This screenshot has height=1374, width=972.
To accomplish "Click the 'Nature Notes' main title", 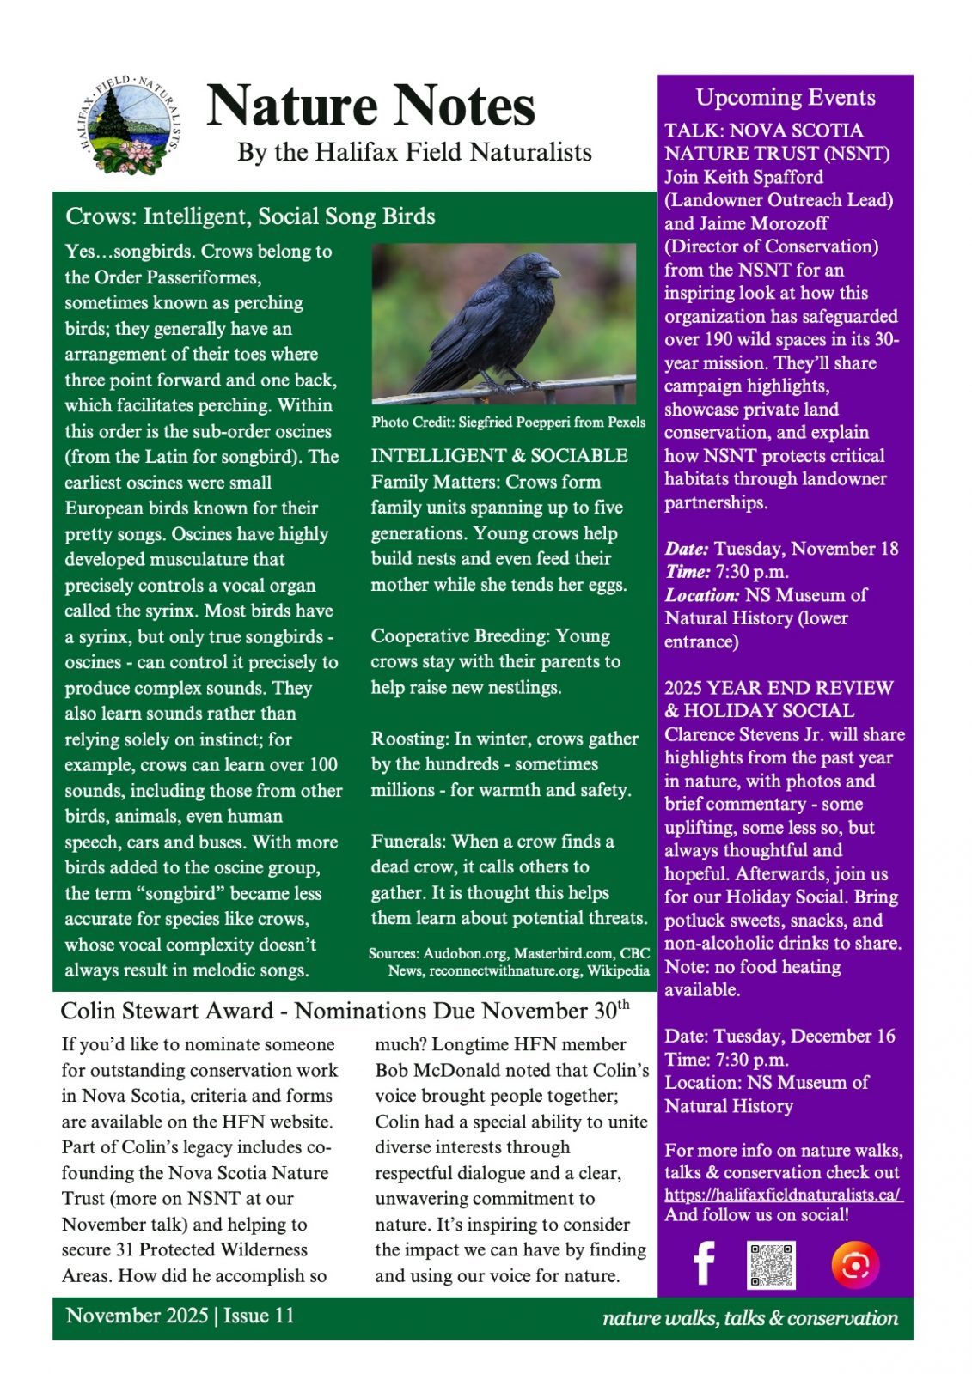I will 370,106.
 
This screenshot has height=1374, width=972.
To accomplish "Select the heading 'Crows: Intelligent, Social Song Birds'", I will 250,216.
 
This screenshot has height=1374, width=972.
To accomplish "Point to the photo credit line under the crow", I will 508,422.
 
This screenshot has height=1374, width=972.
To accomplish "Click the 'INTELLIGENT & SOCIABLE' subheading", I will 499,456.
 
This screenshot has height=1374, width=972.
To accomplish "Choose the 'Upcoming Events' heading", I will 785,98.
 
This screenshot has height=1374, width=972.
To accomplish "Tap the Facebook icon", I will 704,1264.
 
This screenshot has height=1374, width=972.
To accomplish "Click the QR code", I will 771,1264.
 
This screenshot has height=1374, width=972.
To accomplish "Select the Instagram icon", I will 855,1264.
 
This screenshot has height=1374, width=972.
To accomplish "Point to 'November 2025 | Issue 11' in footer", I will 180,1316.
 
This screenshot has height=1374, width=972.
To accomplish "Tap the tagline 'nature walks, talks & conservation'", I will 749,1318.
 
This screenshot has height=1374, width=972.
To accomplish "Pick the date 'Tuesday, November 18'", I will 805,549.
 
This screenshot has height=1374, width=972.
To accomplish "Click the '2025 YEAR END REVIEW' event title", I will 779,688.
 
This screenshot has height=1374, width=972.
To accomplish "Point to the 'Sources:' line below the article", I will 509,962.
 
